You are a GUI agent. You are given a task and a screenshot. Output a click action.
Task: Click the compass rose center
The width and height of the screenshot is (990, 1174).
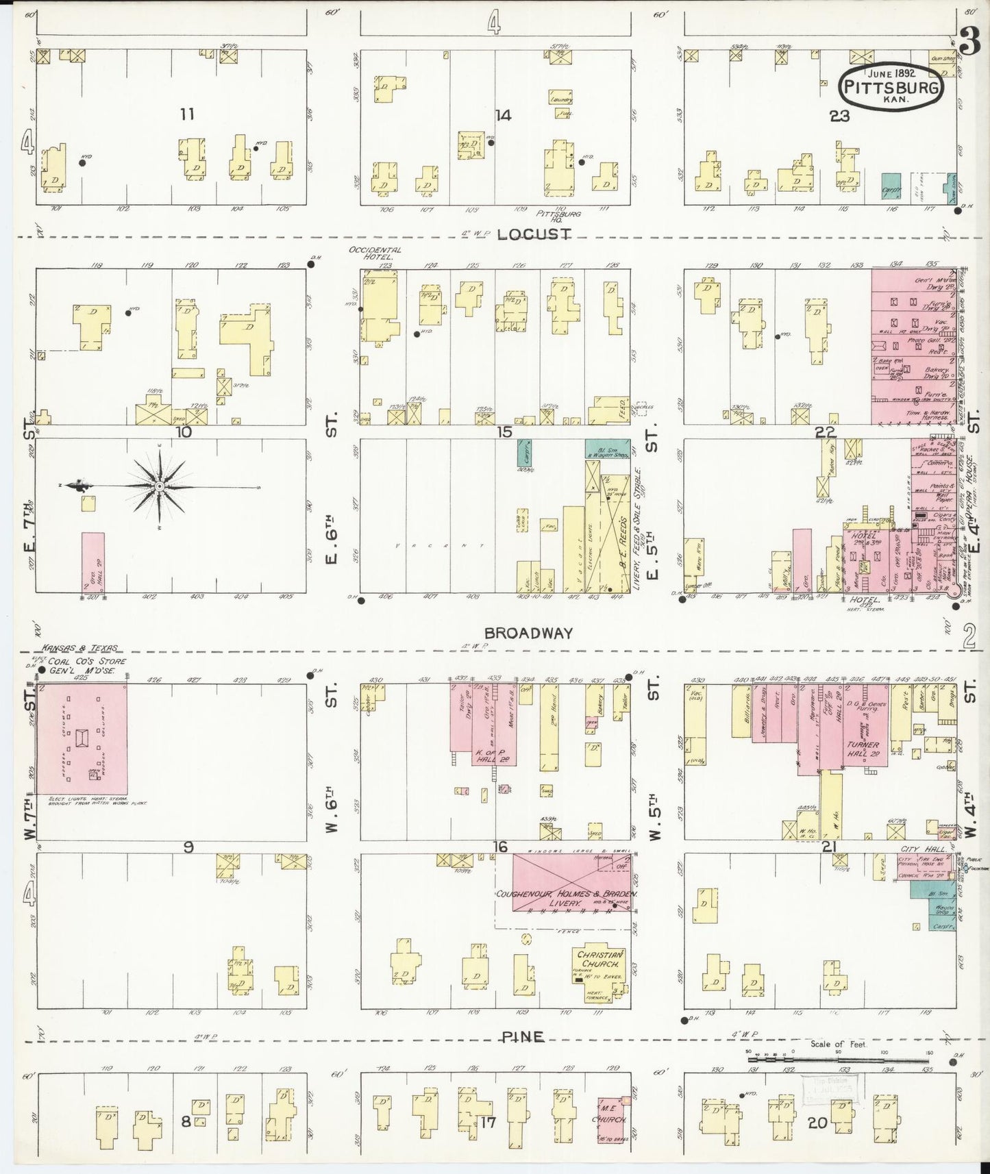(159, 486)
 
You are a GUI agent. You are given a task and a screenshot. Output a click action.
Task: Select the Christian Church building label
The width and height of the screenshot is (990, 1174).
(600, 960)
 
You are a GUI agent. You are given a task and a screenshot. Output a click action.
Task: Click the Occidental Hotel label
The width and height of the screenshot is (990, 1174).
(375, 253)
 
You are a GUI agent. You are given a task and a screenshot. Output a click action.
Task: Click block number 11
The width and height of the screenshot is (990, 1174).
(186, 114)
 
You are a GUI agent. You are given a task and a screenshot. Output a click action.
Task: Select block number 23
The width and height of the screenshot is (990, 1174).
(839, 116)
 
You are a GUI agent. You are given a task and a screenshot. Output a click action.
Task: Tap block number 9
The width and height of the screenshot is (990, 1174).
(188, 847)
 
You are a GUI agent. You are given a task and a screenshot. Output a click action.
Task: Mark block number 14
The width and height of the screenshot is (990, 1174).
(504, 115)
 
